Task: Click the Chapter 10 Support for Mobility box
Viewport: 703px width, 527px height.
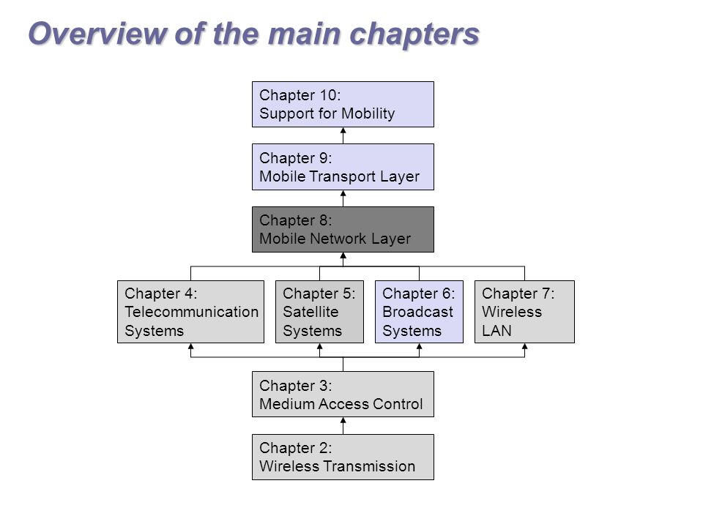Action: [x=343, y=104]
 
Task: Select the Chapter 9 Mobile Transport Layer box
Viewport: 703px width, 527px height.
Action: [x=343, y=167]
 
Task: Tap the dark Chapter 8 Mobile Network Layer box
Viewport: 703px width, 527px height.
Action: [x=343, y=229]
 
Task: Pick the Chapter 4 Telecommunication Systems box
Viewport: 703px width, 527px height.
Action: [x=190, y=312]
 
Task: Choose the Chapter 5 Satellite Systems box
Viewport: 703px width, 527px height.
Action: [x=320, y=312]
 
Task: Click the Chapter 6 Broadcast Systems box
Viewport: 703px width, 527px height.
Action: [x=419, y=312]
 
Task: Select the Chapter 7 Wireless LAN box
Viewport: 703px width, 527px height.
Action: [x=524, y=312]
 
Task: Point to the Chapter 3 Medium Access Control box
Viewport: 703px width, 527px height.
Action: [x=343, y=395]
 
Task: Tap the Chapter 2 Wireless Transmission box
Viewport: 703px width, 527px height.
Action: [x=343, y=457]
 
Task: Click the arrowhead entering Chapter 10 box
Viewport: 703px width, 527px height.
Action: [x=343, y=130]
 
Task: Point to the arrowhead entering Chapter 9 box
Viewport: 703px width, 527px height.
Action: [x=343, y=193]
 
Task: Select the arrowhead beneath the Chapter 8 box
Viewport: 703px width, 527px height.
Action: [x=343, y=255]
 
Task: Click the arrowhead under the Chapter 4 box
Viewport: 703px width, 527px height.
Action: [x=190, y=346]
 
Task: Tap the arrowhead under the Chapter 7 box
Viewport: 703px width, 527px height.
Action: [x=524, y=346]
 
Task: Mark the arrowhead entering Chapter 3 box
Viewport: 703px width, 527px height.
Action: [x=343, y=420]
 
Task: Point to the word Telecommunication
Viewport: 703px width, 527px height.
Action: [x=192, y=312]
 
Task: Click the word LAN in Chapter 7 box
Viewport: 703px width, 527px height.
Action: [x=496, y=331]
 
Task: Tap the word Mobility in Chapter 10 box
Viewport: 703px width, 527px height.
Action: [x=368, y=113]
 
